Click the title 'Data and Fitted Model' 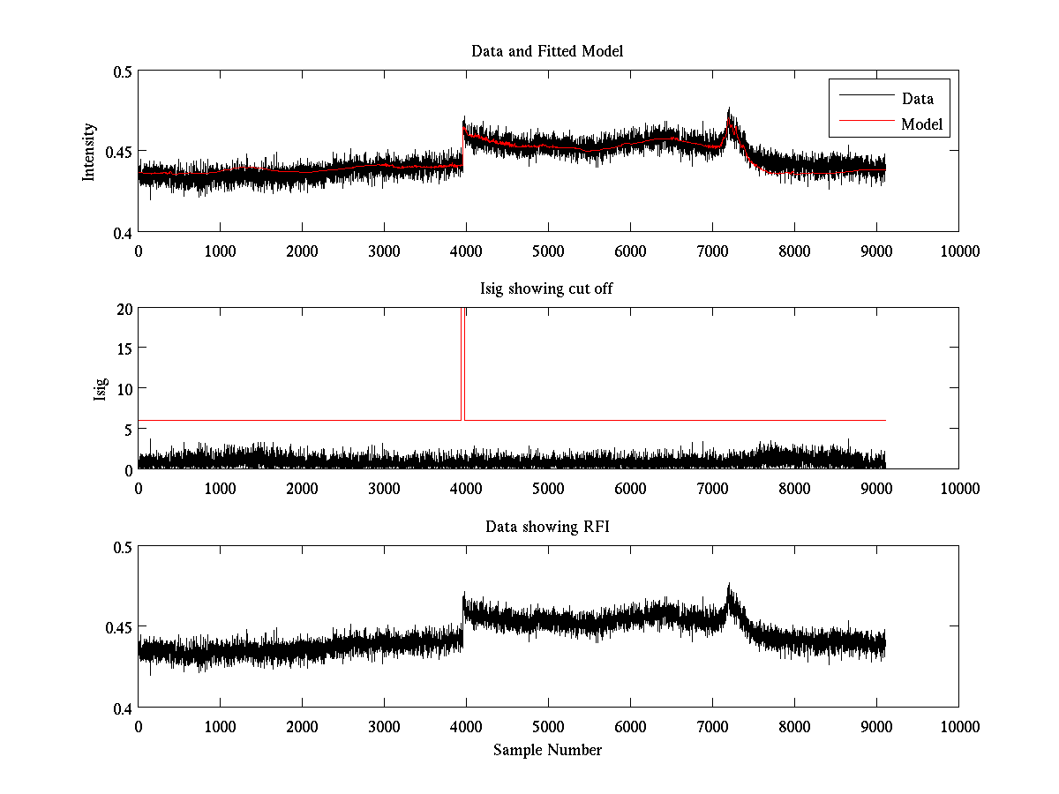(547, 51)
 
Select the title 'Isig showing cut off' (547, 289)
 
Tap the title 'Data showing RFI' (547, 527)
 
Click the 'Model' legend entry (922, 124)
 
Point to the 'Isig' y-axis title (100, 388)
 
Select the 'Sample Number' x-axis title (547, 750)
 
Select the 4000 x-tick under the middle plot (466, 488)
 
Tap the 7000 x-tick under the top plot (712, 251)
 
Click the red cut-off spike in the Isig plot (463, 362)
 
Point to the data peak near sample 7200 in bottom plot (729, 586)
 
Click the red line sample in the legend (865, 124)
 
